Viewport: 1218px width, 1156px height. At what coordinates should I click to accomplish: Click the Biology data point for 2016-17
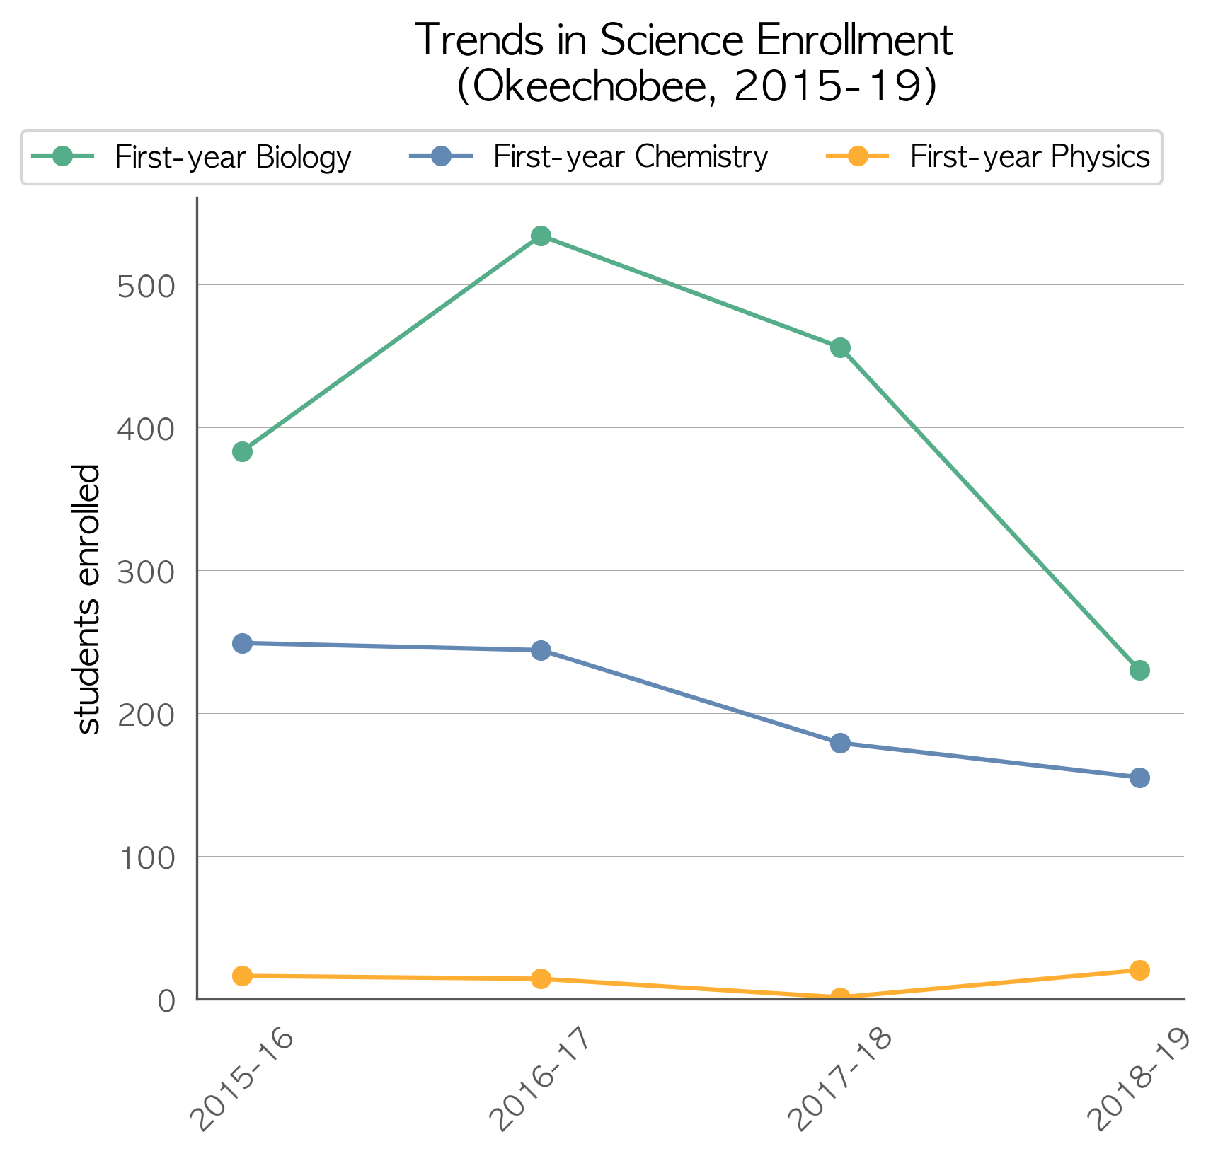coord(541,236)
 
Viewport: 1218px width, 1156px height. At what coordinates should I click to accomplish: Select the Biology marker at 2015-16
coord(242,451)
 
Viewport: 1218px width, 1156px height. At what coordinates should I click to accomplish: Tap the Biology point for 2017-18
coord(840,348)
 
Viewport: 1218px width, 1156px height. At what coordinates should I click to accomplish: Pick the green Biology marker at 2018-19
coord(1139,670)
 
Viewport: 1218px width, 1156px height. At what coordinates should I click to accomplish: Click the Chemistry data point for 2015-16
coord(242,643)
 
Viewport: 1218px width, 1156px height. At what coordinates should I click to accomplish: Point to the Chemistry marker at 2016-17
coord(541,650)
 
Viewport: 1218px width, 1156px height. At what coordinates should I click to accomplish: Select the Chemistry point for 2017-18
coord(840,743)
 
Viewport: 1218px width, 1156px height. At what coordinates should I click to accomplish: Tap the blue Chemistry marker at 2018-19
coord(1139,778)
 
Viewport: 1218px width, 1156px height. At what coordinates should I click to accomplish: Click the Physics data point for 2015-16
coord(242,976)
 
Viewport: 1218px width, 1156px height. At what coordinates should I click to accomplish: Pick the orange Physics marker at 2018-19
coord(1139,970)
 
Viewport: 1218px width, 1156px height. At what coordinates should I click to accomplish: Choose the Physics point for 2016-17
coord(541,978)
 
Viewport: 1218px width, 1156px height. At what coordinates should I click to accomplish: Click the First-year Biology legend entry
coord(191,156)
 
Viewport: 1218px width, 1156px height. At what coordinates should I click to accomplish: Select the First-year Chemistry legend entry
coord(589,156)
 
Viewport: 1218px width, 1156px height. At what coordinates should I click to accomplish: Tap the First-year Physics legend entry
coord(989,156)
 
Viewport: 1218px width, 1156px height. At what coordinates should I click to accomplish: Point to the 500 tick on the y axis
coord(146,286)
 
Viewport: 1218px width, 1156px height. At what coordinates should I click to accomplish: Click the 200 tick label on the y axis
coord(146,715)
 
